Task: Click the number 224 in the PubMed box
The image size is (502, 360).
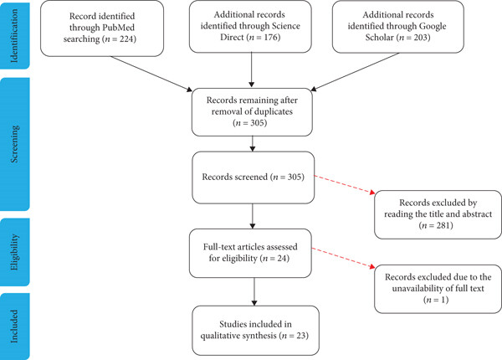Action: click(x=126, y=39)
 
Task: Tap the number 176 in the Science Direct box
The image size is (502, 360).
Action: click(x=270, y=38)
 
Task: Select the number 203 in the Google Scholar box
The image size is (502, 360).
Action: click(x=420, y=38)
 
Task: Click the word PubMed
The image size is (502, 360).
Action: click(x=118, y=28)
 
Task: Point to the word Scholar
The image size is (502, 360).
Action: click(x=379, y=38)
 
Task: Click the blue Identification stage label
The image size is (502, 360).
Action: click(x=15, y=35)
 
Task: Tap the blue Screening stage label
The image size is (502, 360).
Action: click(x=15, y=144)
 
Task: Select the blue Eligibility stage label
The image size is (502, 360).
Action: click(x=15, y=252)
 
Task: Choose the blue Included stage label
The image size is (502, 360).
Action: click(x=15, y=327)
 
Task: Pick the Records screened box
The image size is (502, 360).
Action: click(x=253, y=177)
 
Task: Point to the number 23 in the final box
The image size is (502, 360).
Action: click(x=300, y=336)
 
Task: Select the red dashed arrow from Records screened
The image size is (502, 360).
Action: click(x=345, y=185)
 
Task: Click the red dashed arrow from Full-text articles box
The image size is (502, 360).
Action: click(x=343, y=258)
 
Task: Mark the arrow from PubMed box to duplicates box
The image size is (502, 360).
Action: click(x=151, y=74)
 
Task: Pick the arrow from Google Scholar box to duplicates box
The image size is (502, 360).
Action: click(x=355, y=72)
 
